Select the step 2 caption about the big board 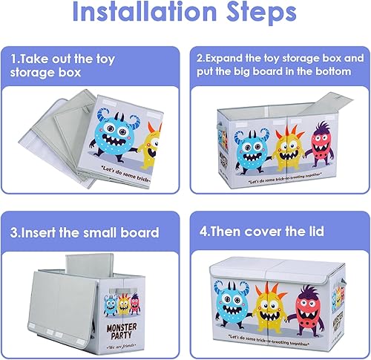[279, 65]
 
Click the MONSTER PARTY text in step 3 [114, 326]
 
